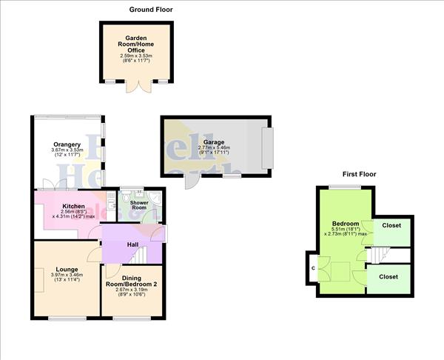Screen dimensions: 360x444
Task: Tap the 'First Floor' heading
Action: pos(359,174)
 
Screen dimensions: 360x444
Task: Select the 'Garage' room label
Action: pos(215,141)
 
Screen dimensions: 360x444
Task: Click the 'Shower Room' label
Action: pos(139,205)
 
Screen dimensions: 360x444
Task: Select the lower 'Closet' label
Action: pos(388,276)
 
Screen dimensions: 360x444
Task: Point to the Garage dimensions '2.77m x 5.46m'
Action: pos(215,148)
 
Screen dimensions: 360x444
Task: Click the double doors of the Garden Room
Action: pos(135,87)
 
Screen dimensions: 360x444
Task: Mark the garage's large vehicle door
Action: pos(267,147)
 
